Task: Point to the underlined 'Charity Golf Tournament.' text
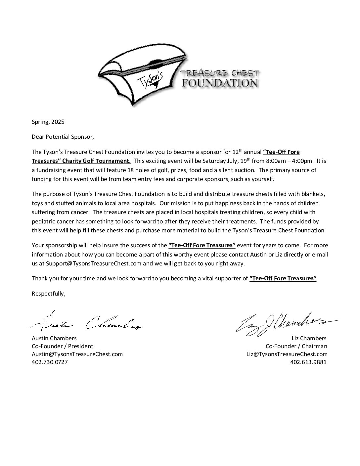click(x=99, y=161)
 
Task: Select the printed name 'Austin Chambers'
click(x=54, y=338)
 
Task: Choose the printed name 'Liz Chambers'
click(x=309, y=338)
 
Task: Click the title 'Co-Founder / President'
click(x=62, y=346)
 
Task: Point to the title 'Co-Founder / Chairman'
click(x=296, y=346)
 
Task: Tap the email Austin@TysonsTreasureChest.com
click(x=77, y=354)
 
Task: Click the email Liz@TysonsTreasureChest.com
click(x=287, y=354)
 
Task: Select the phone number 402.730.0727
click(x=50, y=362)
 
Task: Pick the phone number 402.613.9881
click(x=308, y=362)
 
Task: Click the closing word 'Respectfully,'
click(x=49, y=294)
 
